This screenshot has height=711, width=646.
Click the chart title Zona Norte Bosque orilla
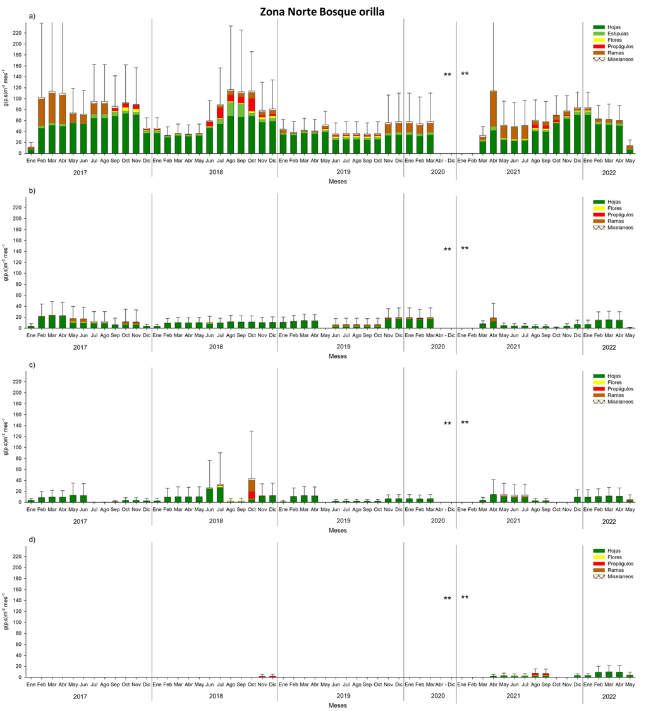[x=323, y=11]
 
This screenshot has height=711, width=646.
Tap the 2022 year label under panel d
[x=608, y=696]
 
